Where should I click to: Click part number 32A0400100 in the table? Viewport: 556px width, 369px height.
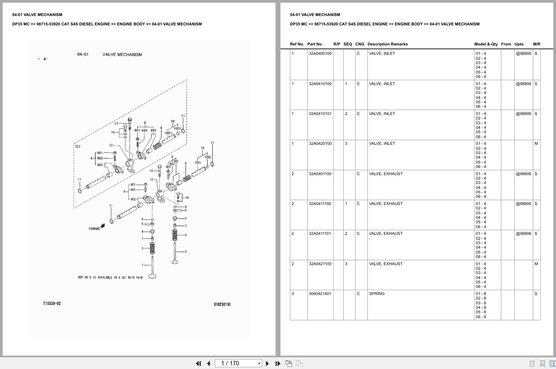click(x=320, y=53)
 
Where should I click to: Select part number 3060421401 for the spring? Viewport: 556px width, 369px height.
click(x=320, y=294)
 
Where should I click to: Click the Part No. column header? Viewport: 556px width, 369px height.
click(x=315, y=44)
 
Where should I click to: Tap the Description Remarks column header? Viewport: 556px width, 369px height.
click(x=387, y=44)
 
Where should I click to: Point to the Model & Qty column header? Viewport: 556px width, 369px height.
click(x=486, y=44)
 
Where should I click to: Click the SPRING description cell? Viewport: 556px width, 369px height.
click(x=377, y=294)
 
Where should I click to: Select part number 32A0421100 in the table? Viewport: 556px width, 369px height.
click(x=320, y=264)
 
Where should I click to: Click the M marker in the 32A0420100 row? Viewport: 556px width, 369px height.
click(x=536, y=143)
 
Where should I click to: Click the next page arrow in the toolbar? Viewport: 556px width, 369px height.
click(x=268, y=363)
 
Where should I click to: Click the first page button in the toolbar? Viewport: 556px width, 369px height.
click(x=198, y=363)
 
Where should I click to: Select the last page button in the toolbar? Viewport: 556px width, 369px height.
click(x=278, y=363)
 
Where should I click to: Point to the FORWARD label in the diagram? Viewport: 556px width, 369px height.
click(x=95, y=229)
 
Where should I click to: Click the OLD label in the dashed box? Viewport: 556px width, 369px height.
click(x=78, y=146)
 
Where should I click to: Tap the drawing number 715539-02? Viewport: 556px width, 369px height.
click(x=52, y=303)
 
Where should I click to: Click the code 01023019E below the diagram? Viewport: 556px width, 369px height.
click(x=222, y=304)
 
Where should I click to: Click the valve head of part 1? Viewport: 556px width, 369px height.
click(x=152, y=276)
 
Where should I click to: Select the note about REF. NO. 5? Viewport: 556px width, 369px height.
click(x=110, y=277)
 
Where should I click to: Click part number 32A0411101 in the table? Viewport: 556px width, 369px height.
click(x=320, y=234)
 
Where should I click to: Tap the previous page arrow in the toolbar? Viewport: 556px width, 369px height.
click(x=208, y=363)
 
